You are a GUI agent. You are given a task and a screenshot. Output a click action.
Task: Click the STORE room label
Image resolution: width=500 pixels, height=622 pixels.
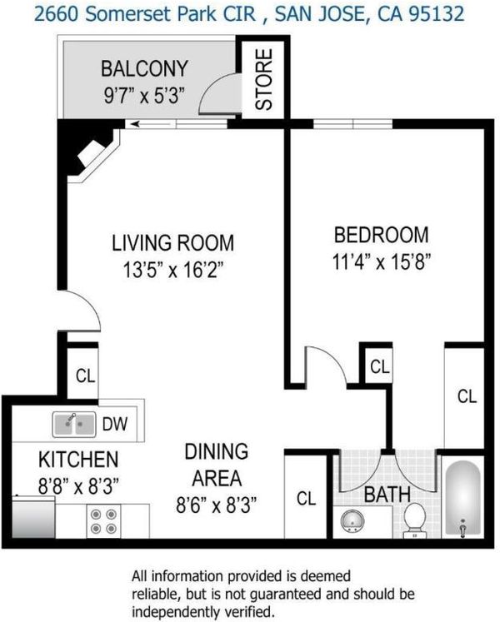click(264, 79)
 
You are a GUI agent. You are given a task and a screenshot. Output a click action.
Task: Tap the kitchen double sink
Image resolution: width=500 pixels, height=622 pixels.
click(74, 425)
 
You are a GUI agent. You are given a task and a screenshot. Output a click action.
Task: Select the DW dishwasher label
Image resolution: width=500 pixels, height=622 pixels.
click(115, 424)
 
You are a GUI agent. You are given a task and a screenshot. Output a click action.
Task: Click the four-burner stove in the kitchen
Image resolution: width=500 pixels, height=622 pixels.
click(103, 521)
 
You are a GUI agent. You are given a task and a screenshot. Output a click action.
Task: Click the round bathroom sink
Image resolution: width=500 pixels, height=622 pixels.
click(352, 521)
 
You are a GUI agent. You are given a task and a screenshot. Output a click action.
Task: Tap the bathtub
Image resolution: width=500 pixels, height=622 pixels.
click(462, 499)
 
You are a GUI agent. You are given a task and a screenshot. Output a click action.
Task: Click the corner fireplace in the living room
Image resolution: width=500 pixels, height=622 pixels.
click(89, 152)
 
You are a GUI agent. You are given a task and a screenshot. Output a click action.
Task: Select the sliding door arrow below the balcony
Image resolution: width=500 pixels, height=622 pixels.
click(152, 124)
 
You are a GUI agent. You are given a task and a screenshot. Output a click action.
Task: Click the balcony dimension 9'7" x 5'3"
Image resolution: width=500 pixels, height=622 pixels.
click(144, 96)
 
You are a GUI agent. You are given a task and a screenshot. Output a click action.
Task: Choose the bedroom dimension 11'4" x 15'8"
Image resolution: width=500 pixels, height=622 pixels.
click(382, 261)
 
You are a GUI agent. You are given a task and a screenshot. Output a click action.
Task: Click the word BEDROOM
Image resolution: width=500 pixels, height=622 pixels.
click(382, 235)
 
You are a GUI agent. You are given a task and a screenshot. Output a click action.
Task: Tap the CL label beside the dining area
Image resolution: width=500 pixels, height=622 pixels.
click(306, 498)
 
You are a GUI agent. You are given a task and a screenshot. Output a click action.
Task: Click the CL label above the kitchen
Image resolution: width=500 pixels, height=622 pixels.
click(85, 376)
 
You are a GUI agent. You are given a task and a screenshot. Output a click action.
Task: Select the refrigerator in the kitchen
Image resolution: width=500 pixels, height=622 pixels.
click(33, 518)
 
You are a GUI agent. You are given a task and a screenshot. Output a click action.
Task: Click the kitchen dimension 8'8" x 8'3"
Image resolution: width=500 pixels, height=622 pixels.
click(78, 486)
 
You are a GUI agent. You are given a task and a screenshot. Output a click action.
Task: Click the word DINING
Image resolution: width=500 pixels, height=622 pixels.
click(217, 452)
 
